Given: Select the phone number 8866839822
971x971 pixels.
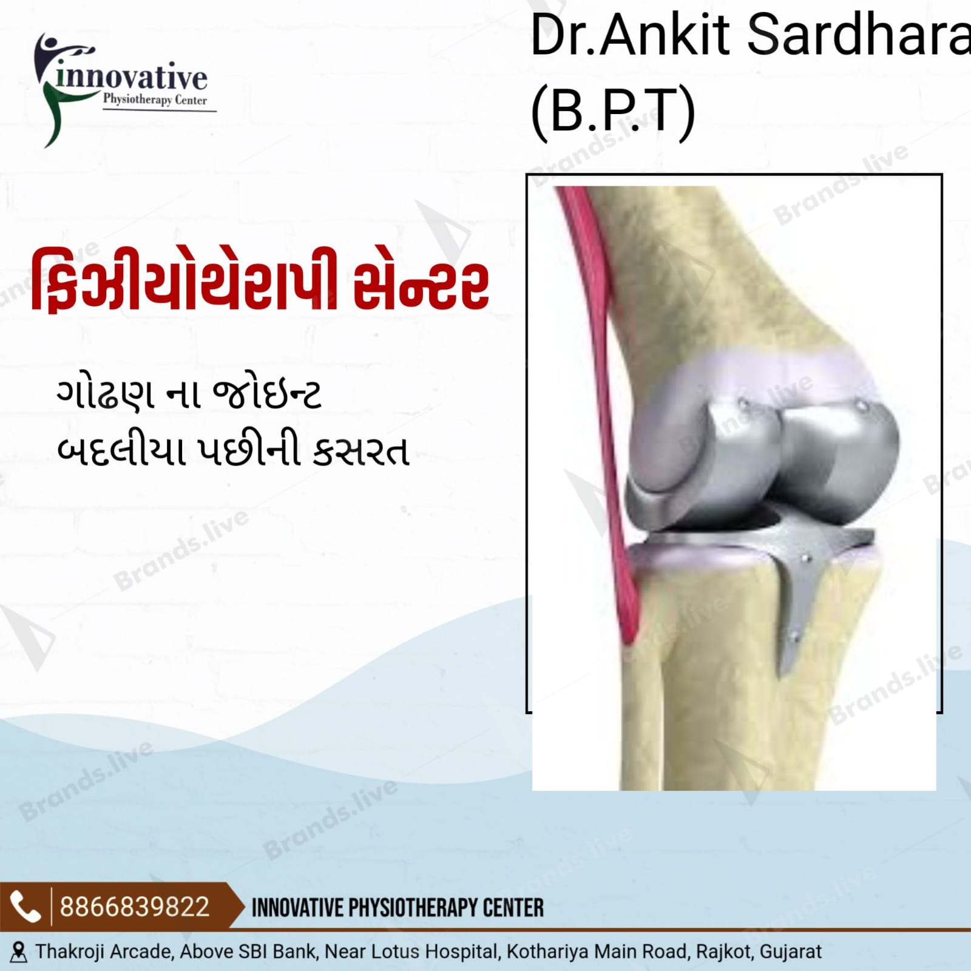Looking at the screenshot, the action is pos(134,907).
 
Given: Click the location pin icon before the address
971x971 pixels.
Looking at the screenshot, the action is pos(19,952).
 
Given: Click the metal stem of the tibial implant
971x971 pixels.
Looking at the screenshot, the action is pos(795,613).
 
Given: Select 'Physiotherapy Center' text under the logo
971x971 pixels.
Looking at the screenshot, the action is pos(155,100).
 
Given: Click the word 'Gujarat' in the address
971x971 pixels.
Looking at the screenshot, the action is pos(791,952).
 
